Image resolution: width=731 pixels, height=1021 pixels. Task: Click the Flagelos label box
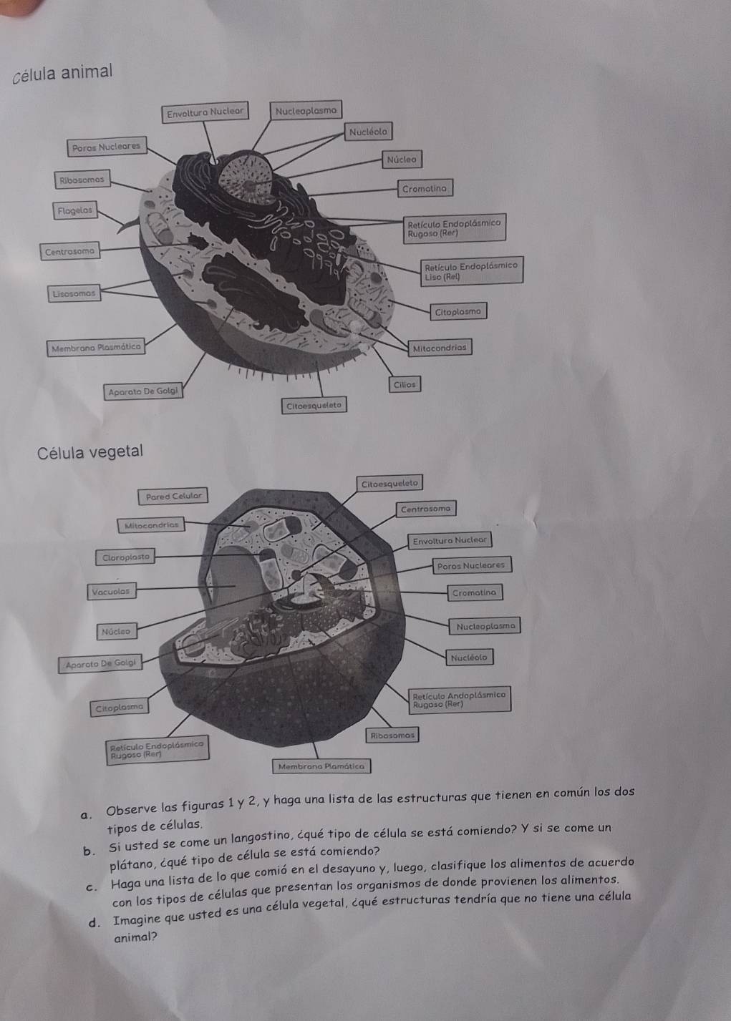pos(75,210)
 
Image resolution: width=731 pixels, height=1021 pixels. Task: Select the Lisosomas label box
pos(74,293)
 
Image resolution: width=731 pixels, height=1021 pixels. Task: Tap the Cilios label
pos(405,384)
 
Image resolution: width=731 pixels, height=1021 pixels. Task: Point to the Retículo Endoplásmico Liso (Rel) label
pos(472,270)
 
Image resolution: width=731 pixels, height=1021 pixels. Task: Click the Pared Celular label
pos(173,497)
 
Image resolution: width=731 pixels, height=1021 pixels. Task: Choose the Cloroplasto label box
pos(125,557)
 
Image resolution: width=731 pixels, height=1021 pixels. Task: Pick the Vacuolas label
pos(111,592)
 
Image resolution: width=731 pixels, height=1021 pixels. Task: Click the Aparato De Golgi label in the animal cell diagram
pos(143,391)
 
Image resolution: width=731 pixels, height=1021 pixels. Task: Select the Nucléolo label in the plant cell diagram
pos(469,658)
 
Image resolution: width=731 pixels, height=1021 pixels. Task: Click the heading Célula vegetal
pos(89,452)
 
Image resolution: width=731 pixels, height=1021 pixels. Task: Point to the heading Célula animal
pos(62,74)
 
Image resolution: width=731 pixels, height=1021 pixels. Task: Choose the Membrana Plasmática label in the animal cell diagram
pos(96,348)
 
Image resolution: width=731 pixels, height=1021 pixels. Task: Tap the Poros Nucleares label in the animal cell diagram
pos(107,147)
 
